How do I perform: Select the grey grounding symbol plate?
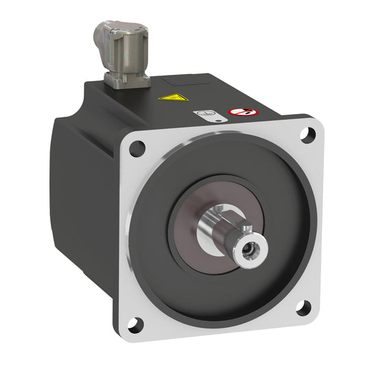pos(204,114)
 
